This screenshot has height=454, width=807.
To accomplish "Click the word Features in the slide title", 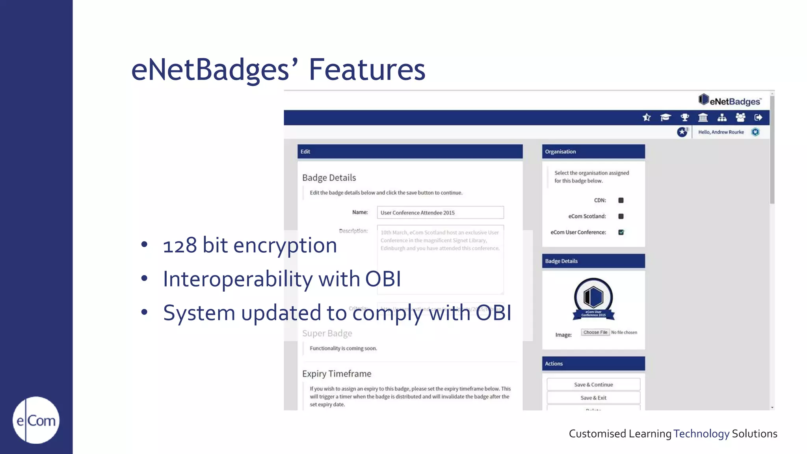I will click(366, 70).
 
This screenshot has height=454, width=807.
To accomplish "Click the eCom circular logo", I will click(36, 420).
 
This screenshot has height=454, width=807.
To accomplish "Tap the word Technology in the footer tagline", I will click(701, 434).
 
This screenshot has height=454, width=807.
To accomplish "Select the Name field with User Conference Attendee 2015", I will click(440, 212).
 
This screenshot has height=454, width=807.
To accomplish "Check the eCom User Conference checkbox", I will click(621, 232).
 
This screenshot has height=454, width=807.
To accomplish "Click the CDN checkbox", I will click(621, 200).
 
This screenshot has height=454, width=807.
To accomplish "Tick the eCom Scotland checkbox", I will click(621, 216).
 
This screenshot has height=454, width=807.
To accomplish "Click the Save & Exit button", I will click(593, 398).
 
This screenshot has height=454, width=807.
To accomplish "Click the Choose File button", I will click(595, 332).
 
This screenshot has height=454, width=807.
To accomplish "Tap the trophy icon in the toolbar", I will click(685, 117).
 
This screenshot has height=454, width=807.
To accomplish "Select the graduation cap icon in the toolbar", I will click(666, 117).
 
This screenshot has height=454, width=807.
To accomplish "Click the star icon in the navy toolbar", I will click(647, 117).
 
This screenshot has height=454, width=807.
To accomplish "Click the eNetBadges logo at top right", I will click(729, 100).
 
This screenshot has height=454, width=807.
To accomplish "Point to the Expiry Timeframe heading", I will click(337, 374).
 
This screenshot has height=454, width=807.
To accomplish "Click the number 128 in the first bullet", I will click(180, 246).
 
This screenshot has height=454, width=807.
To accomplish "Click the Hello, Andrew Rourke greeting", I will click(721, 132).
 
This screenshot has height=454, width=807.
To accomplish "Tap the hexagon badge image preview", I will click(593, 298).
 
